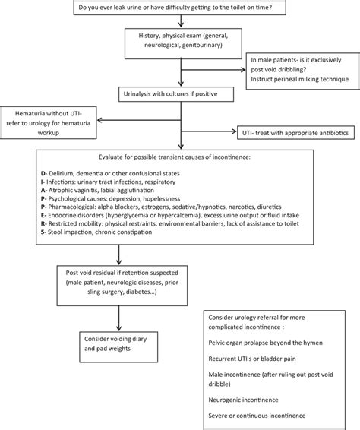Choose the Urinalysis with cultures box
pos(169,94)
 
